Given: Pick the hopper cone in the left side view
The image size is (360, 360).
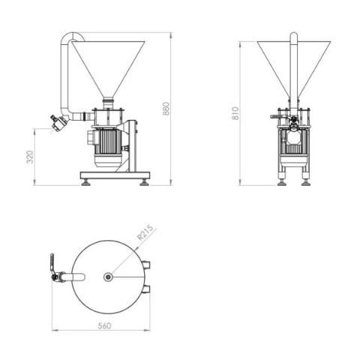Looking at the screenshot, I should (x=108, y=64).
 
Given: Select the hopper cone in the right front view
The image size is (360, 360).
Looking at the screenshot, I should (x=294, y=64).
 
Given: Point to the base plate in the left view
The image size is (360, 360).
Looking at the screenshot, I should (x=115, y=175).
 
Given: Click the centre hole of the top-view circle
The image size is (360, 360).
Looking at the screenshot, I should (x=109, y=277).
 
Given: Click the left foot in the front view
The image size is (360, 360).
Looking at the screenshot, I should (x=281, y=181).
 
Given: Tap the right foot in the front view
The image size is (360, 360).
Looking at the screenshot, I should (x=306, y=181).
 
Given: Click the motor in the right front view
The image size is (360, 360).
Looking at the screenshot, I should (x=294, y=146).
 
